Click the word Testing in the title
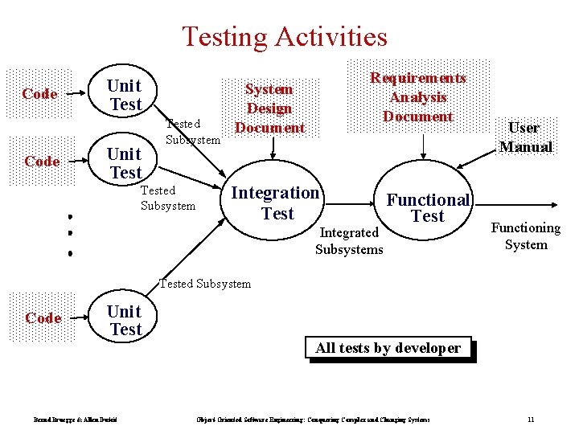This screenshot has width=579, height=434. coord(224,37)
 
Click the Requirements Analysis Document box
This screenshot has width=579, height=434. coord(417,97)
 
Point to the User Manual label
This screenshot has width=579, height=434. coord(525,137)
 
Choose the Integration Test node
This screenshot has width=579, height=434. coord(276,203)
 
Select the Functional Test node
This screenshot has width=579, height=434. coord(428,207)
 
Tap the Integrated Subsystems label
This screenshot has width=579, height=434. coord(349,241)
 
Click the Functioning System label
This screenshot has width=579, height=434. coord(526,236)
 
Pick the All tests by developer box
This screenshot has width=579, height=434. coord(388,348)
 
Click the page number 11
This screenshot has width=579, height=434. coord(531,420)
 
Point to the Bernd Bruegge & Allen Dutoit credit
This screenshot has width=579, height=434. coord(76,420)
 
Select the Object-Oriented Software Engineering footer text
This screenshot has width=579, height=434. coord(313,420)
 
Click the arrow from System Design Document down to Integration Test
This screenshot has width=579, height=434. coord(273,148)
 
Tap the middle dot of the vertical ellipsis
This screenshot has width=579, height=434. coord(71,234)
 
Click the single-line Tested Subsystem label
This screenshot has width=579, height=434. coord(205,283)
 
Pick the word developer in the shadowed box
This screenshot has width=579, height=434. coord(430,348)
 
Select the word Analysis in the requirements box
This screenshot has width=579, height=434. coord(417,97)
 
